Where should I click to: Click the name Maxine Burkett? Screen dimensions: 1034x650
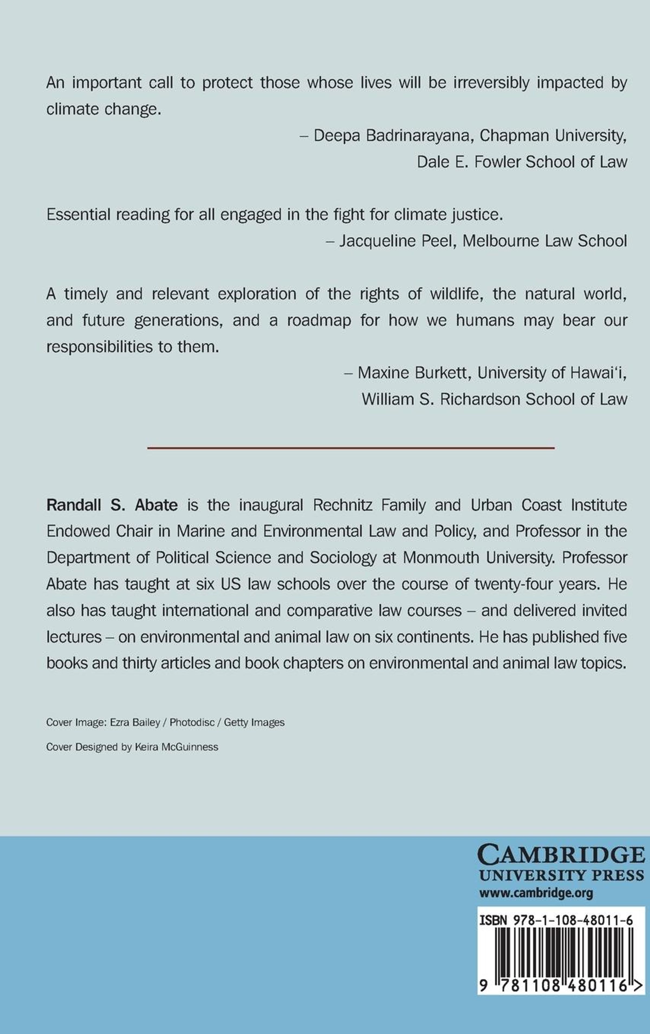tap(412, 373)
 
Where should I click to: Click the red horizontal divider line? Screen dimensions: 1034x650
tap(350, 448)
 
